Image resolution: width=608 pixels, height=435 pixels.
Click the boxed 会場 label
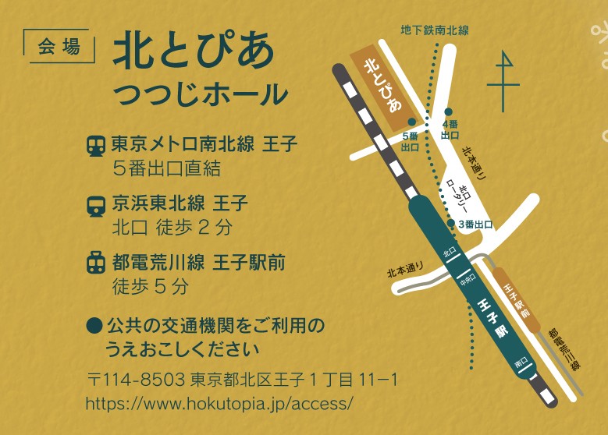point(59,46)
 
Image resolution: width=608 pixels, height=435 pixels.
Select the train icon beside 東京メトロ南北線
point(96,145)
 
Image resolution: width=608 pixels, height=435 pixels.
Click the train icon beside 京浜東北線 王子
point(96,205)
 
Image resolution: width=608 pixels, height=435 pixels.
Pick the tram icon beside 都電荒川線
point(96,263)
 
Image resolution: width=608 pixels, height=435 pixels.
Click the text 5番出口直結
point(167,168)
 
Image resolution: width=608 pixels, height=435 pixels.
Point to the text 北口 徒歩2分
point(172,228)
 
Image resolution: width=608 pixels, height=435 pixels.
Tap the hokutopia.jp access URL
point(219,403)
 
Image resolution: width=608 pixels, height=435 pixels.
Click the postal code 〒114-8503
point(136,380)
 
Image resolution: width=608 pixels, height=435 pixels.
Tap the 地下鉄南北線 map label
point(434,30)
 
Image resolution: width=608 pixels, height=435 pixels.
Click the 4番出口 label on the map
point(450,129)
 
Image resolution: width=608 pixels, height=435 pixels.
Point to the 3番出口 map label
point(475,225)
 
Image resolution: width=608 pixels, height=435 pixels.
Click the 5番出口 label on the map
point(410,141)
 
